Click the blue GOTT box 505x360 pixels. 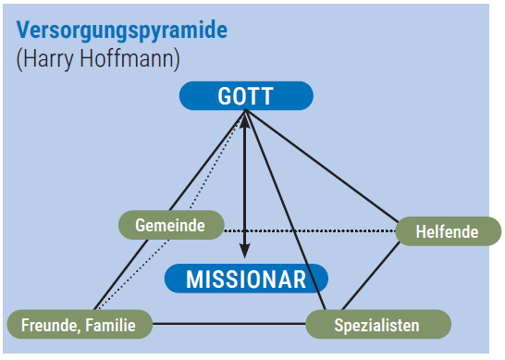tap(246, 95)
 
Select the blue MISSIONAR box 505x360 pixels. tap(246, 279)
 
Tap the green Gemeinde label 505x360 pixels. tap(171, 225)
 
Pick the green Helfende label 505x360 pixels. tap(448, 231)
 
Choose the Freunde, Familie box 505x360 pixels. tap(80, 324)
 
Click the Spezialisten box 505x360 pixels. tap(378, 324)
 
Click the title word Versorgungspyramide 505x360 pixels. tap(122, 31)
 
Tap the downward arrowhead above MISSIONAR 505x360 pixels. tap(245, 251)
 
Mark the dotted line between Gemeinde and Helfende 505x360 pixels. tap(310, 230)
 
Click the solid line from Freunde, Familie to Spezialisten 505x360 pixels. tap(229, 324)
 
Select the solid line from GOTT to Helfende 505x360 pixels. tap(322, 167)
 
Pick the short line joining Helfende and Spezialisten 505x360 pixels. tap(370, 276)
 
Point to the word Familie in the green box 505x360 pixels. tap(110, 325)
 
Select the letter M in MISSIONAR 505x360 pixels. tap(196, 279)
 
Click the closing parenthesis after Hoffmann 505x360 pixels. tap(177, 59)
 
